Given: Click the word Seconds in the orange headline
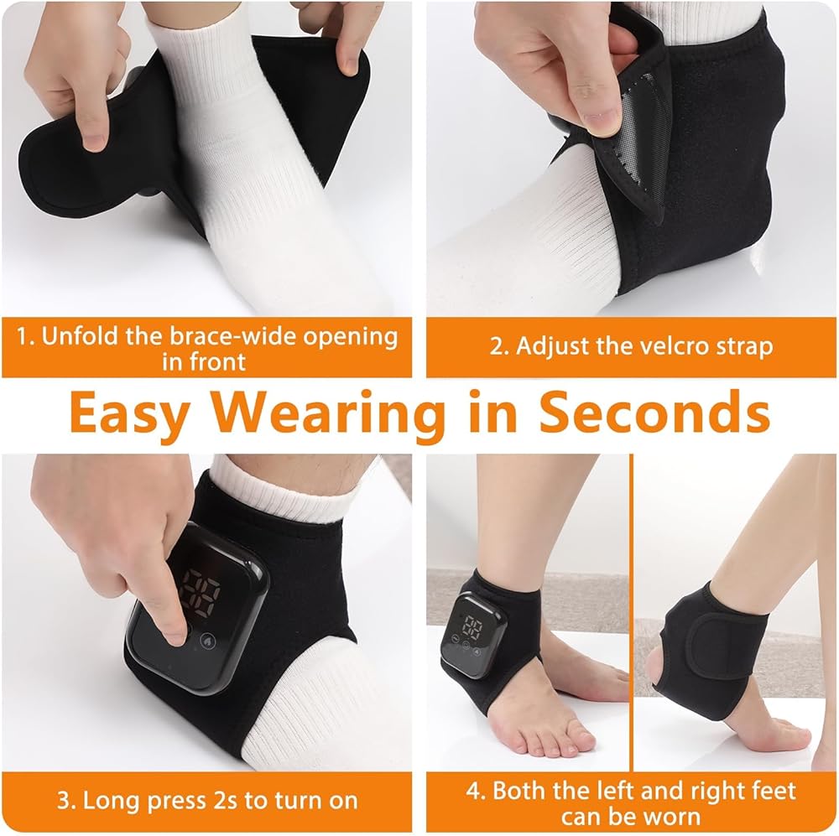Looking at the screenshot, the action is [654, 412].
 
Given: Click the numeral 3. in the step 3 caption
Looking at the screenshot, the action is [66, 801].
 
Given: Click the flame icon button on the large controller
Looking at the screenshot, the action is [207, 641].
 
